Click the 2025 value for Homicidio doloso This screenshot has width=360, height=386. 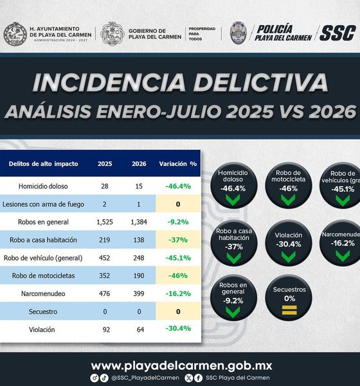(x=105, y=186)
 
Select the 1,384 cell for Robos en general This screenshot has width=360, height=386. (x=139, y=222)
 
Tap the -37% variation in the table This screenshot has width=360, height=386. (x=178, y=240)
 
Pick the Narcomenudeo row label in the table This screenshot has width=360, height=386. (x=43, y=293)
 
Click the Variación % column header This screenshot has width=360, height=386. (x=178, y=163)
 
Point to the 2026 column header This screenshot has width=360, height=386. (x=139, y=163)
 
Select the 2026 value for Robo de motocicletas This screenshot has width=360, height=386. (x=139, y=275)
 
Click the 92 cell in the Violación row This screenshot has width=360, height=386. (x=106, y=329)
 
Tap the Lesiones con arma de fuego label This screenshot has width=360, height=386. (x=43, y=204)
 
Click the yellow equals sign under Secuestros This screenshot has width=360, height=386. (x=289, y=310)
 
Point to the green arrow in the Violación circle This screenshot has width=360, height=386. (x=289, y=257)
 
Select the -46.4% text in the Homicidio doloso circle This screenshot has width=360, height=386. (x=233, y=188)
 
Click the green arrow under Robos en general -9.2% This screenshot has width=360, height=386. (x=233, y=311)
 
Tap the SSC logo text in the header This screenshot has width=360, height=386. (x=337, y=33)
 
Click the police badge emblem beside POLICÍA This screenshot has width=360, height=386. (x=239, y=33)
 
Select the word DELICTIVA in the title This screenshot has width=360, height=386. (x=260, y=82)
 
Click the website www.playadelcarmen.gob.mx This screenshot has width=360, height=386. (x=181, y=366)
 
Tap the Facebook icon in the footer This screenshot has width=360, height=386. (x=198, y=378)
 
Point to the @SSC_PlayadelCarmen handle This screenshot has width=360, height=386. (x=145, y=378)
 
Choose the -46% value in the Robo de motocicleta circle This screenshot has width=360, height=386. (x=289, y=188)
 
